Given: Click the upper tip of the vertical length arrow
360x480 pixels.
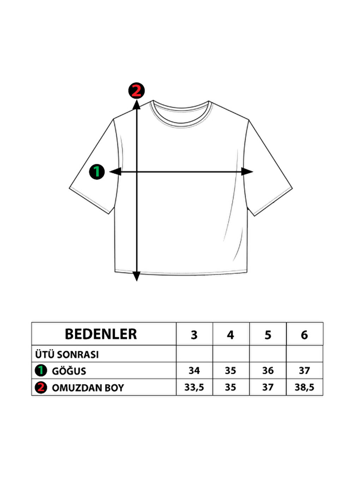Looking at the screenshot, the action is [x=137, y=100].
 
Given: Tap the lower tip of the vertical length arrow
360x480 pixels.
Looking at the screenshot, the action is [x=137, y=281].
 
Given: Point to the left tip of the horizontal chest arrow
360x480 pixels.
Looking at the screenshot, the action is [x=109, y=172].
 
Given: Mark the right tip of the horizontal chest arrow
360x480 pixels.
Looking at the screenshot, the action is [x=253, y=172].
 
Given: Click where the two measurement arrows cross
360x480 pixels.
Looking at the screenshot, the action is [x=137, y=172].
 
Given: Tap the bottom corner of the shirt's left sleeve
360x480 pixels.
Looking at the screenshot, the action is [x=109, y=214].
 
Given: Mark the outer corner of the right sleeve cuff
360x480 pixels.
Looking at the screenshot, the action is [x=292, y=188].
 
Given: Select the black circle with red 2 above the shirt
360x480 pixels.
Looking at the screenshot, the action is [x=136, y=91].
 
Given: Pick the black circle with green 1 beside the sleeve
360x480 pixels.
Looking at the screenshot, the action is [x=97, y=172].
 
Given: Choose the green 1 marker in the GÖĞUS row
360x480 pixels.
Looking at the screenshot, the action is [x=41, y=371].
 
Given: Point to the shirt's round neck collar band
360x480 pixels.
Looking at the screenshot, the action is [x=181, y=116].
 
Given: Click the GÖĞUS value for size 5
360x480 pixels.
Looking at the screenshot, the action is [x=268, y=371].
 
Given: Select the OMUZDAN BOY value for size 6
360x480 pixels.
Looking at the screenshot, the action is [x=305, y=388].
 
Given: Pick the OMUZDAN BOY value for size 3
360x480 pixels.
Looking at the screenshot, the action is [x=194, y=388].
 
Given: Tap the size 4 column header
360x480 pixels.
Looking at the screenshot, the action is [x=230, y=335].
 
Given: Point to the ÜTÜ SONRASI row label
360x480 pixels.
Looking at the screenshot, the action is [x=67, y=354].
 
